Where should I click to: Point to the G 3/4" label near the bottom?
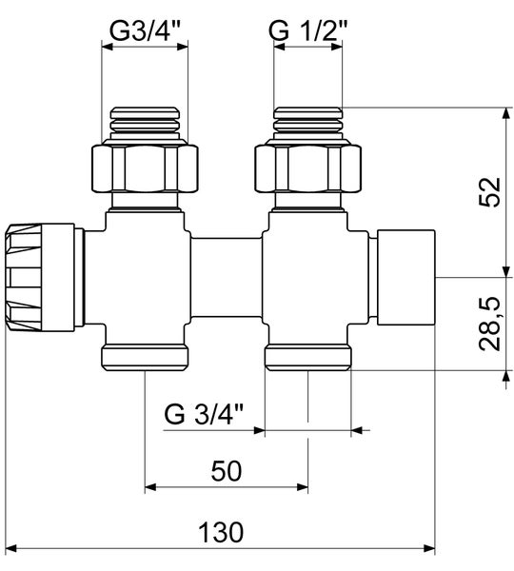(x=204, y=416)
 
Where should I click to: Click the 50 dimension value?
(x=226, y=470)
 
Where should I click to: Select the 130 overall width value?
(x=226, y=530)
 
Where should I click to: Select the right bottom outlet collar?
(x=308, y=359)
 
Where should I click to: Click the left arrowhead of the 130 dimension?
(x=21, y=549)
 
